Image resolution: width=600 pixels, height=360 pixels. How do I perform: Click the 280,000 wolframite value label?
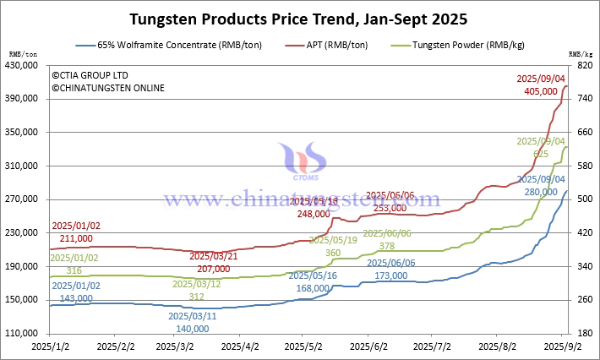coord(542,192)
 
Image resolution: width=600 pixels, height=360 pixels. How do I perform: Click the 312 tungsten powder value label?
coord(196,297)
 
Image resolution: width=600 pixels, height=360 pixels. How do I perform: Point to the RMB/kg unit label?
coord(581,55)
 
